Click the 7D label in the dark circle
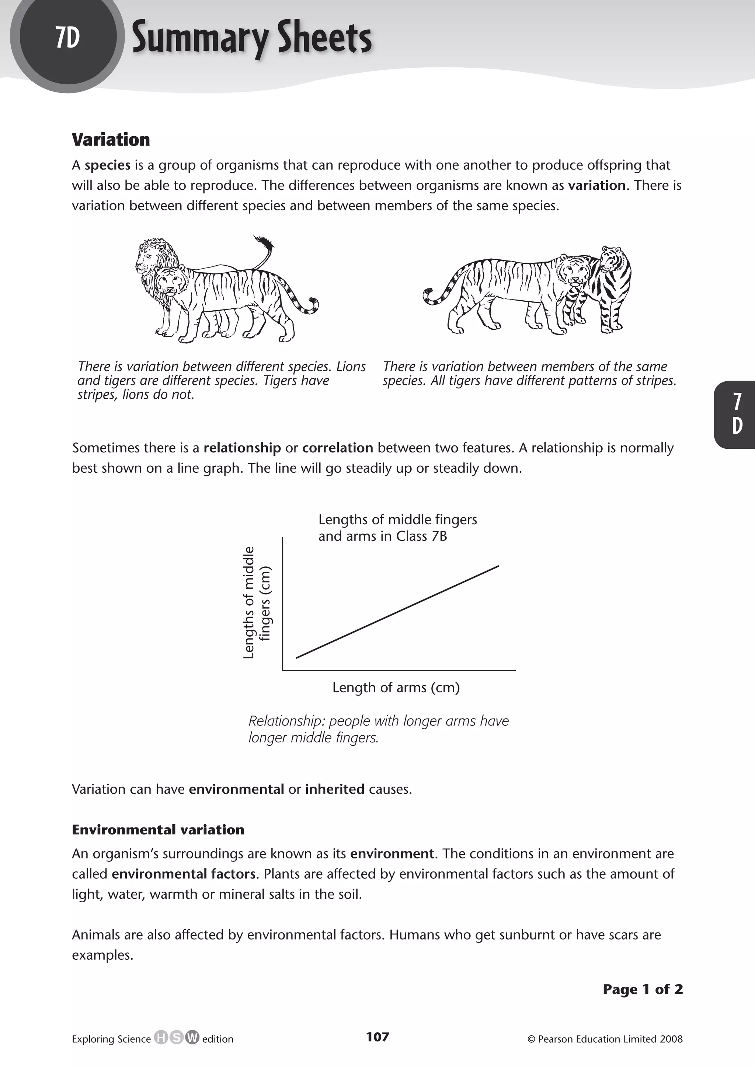pos(67,38)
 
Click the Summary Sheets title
pos(251,39)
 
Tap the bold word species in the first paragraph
pos(107,165)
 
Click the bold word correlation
pos(338,448)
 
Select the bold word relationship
pos(242,448)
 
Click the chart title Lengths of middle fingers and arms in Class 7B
pos(397,528)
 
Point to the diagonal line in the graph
pos(397,612)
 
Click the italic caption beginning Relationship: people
pos(379,729)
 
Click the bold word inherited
pos(335,789)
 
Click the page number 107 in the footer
pos(377,1036)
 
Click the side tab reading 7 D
pos(737,414)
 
